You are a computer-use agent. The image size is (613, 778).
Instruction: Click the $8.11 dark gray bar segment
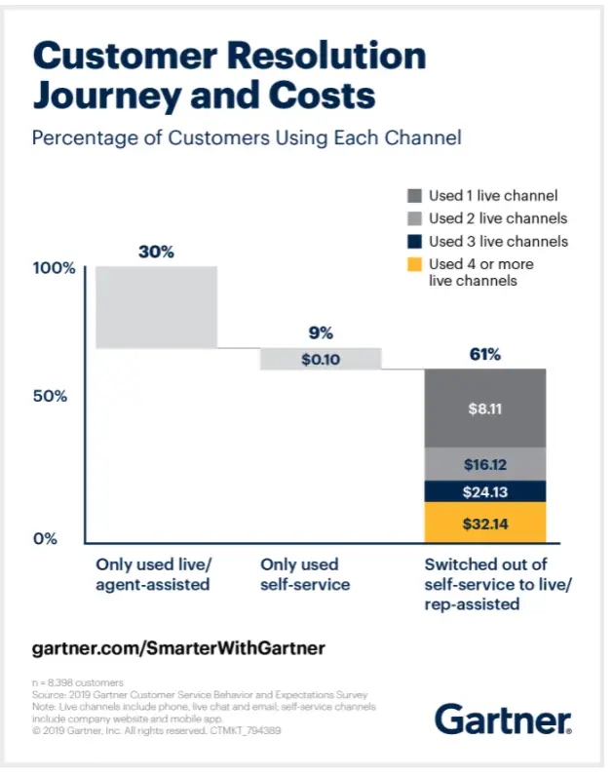click(x=484, y=409)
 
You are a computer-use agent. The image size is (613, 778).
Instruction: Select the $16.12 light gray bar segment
click(x=484, y=464)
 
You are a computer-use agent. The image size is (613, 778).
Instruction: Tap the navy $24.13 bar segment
click(x=484, y=491)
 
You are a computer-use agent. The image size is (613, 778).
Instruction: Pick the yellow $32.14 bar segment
click(x=484, y=524)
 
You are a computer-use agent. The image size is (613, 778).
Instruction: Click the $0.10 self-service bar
click(x=321, y=359)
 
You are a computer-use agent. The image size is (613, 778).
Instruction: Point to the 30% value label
click(x=156, y=252)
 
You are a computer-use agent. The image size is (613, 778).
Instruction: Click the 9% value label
click(x=321, y=332)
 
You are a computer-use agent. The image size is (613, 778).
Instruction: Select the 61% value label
click(x=484, y=354)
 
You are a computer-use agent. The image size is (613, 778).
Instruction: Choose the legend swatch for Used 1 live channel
click(x=413, y=196)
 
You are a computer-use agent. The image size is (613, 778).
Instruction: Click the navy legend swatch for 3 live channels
click(x=413, y=241)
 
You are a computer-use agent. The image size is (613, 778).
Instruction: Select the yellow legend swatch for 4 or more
click(x=413, y=264)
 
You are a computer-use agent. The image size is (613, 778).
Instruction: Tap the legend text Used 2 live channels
click(x=498, y=218)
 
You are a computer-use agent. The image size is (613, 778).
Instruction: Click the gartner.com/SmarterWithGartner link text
click(x=178, y=647)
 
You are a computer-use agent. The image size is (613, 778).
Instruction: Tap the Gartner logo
click(x=503, y=720)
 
